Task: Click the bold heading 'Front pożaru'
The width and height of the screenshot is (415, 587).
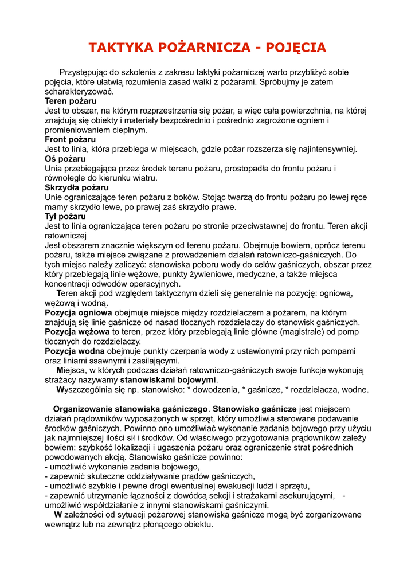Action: (x=71, y=139)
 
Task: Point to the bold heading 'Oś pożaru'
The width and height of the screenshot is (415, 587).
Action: (x=65, y=159)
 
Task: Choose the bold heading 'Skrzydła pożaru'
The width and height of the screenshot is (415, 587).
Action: (x=77, y=187)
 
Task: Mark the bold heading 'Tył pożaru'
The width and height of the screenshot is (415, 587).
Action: (x=65, y=217)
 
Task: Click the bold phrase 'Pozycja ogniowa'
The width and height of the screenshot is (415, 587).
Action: (x=79, y=313)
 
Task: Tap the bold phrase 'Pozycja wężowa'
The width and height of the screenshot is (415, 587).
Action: (x=77, y=332)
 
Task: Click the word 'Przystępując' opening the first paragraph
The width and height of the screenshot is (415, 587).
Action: (x=84, y=72)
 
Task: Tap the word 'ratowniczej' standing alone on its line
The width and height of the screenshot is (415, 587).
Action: (x=65, y=236)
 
